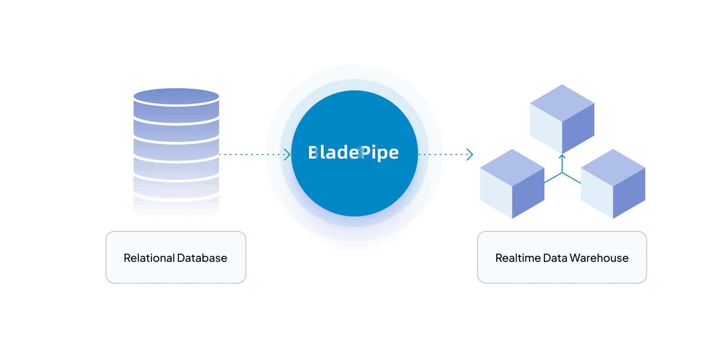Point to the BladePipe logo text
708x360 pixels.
pyautogui.click(x=354, y=153)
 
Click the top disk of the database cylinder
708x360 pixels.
pyautogui.click(x=176, y=97)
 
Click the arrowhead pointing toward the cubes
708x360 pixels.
pyautogui.click(x=470, y=155)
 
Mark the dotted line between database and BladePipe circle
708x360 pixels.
pyautogui.click(x=242, y=155)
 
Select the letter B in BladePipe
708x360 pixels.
pyautogui.click(x=313, y=153)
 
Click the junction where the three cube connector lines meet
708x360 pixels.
pyautogui.click(x=562, y=173)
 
